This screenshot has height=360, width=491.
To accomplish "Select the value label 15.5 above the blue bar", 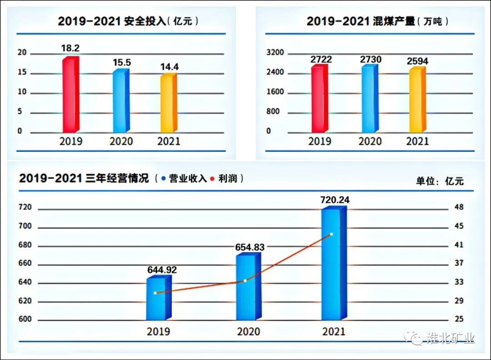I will (x=121, y=63).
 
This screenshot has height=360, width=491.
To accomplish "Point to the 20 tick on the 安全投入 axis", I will (x=22, y=53).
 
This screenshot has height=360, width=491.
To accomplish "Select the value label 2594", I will (x=417, y=61).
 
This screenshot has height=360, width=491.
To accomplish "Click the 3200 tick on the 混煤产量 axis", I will (x=275, y=53).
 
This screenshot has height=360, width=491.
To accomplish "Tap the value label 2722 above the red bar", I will (x=321, y=60).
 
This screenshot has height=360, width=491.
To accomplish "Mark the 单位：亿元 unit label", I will (x=439, y=180).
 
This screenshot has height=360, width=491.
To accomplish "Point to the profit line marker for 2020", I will (x=245, y=280).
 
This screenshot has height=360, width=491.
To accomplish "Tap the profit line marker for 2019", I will (x=155, y=293).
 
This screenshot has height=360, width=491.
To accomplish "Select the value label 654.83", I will (x=250, y=247).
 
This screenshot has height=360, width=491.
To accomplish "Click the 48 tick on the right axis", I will (x=459, y=207).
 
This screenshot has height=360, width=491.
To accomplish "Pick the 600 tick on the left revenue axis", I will (x=25, y=319).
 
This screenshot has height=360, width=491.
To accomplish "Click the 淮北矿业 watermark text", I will (x=450, y=338).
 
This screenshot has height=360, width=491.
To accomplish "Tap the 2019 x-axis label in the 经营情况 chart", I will (x=158, y=331).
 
